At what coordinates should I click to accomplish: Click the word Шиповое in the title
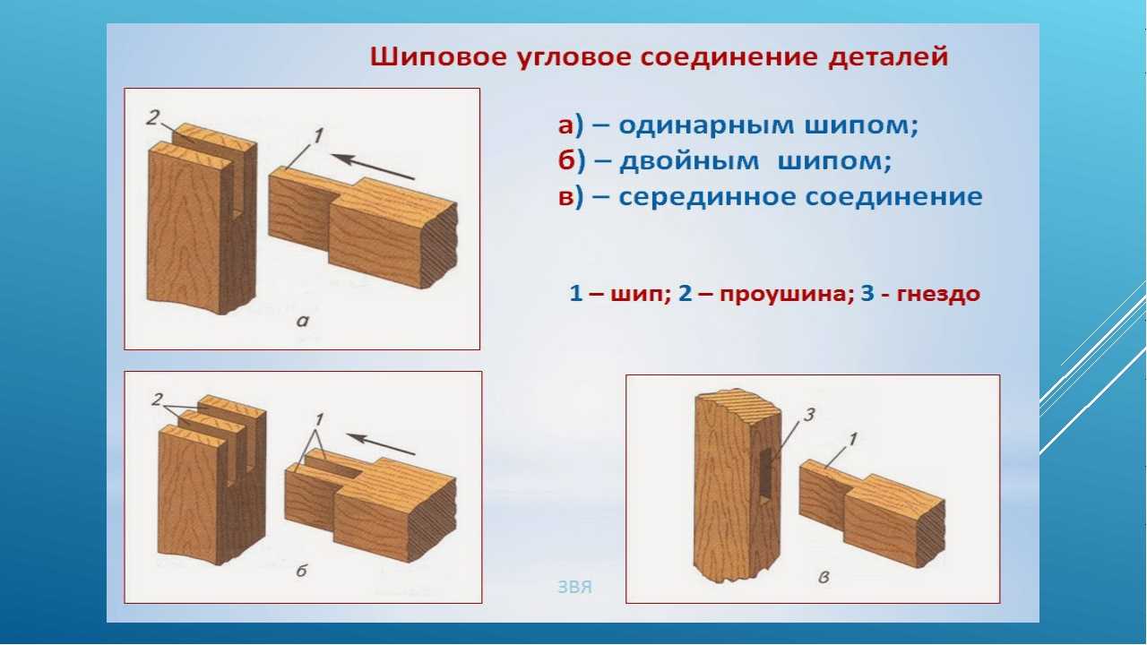[438, 56]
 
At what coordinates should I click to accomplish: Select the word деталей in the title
[888, 56]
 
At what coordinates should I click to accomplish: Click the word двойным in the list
[689, 161]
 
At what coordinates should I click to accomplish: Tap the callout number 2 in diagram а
[152, 118]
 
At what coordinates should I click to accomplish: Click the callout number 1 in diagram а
[318, 136]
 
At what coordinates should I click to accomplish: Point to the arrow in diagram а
[374, 167]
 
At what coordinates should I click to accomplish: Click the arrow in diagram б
[382, 444]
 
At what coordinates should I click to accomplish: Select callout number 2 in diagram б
[157, 399]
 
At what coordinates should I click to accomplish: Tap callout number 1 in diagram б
[319, 420]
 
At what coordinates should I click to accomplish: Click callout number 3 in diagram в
[809, 415]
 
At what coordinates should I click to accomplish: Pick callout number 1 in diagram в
[852, 439]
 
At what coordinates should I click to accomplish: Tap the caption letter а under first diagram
[303, 322]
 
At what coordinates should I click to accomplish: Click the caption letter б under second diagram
[302, 571]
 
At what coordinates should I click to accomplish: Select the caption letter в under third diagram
[824, 578]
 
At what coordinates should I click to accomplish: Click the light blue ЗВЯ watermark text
[574, 587]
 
